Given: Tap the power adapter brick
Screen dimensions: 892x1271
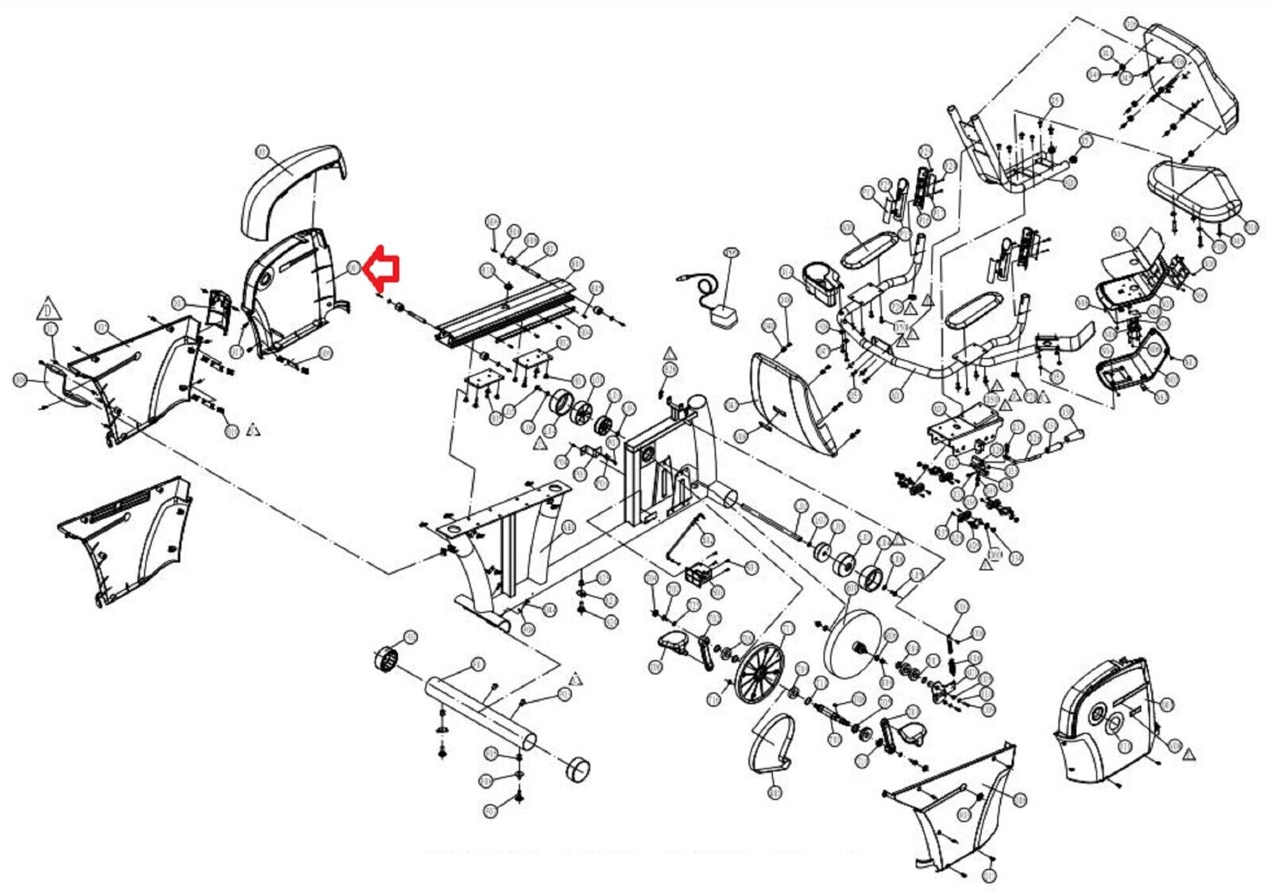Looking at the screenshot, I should tap(722, 315).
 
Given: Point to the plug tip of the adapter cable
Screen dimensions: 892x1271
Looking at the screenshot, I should tap(680, 279).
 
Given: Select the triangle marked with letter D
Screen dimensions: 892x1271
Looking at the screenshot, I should tap(49, 308).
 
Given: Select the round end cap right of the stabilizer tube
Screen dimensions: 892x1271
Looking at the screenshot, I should tap(578, 769).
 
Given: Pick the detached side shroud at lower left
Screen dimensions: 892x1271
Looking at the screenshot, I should tap(127, 536).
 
